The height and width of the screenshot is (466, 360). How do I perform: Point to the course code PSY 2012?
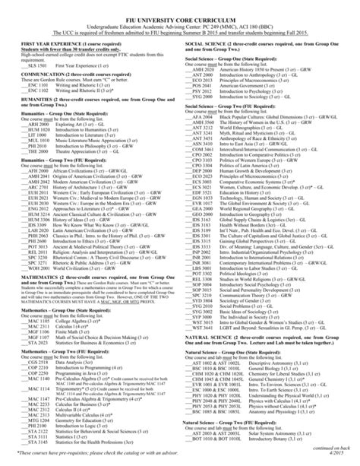point(203,90)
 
